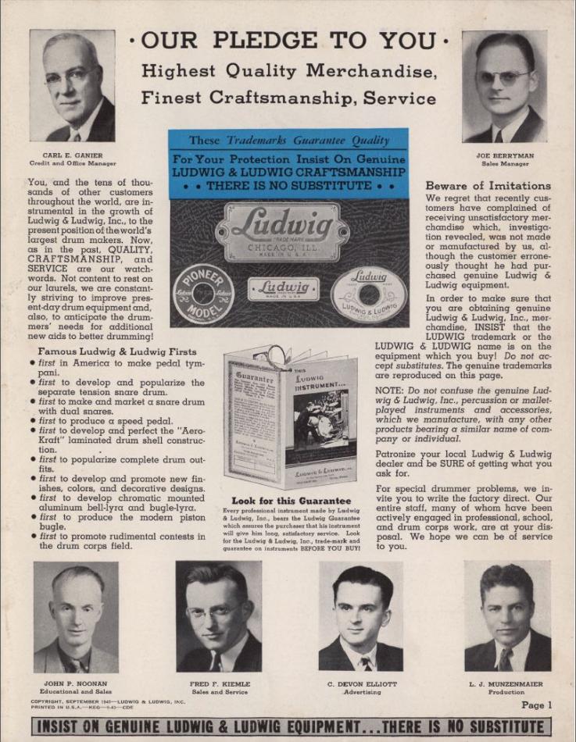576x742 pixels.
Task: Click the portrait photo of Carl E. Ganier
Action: (x=72, y=86)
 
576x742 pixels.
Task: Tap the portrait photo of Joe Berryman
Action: (x=504, y=86)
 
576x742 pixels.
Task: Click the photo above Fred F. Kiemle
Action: (x=219, y=616)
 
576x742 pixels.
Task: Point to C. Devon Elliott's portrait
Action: (x=361, y=616)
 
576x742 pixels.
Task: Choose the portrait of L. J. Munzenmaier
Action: (x=507, y=616)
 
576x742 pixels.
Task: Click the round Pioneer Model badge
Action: (x=203, y=294)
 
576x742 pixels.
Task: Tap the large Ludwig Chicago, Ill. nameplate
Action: (x=281, y=232)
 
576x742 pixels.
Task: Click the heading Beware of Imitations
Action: (x=488, y=186)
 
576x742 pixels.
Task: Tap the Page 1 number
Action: (x=536, y=705)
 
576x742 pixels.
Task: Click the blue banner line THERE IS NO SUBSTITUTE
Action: (x=288, y=186)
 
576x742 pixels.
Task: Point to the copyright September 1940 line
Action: (x=107, y=701)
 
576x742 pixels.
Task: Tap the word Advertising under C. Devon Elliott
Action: (x=361, y=693)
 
